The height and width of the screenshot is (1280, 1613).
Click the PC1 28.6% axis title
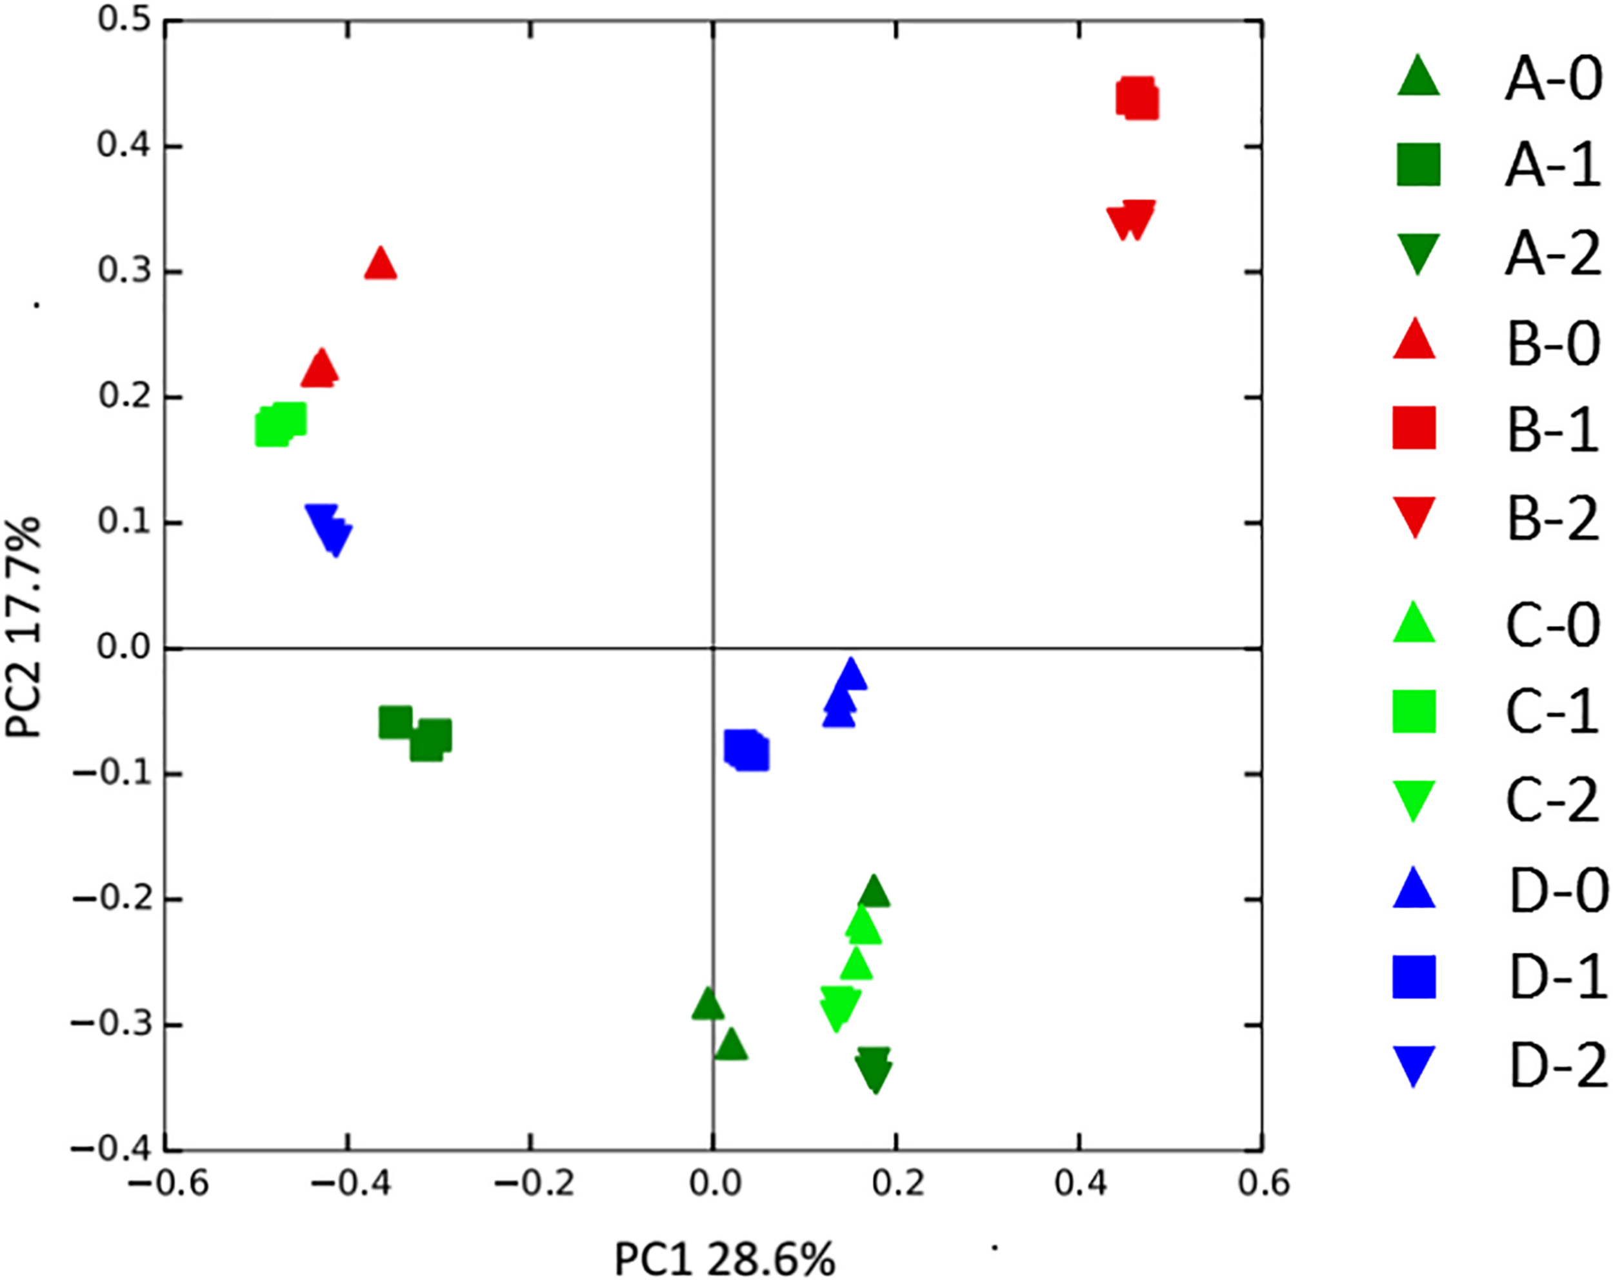pos(724,1238)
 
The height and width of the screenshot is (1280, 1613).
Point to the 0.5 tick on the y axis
pos(124,20)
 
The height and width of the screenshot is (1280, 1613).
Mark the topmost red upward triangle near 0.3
pos(380,264)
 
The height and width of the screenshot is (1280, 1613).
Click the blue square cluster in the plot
pos(746,750)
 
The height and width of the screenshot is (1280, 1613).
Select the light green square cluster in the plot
pos(281,424)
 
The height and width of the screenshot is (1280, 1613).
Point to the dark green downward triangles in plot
pos(874,1068)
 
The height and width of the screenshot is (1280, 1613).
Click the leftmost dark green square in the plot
pos(396,722)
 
